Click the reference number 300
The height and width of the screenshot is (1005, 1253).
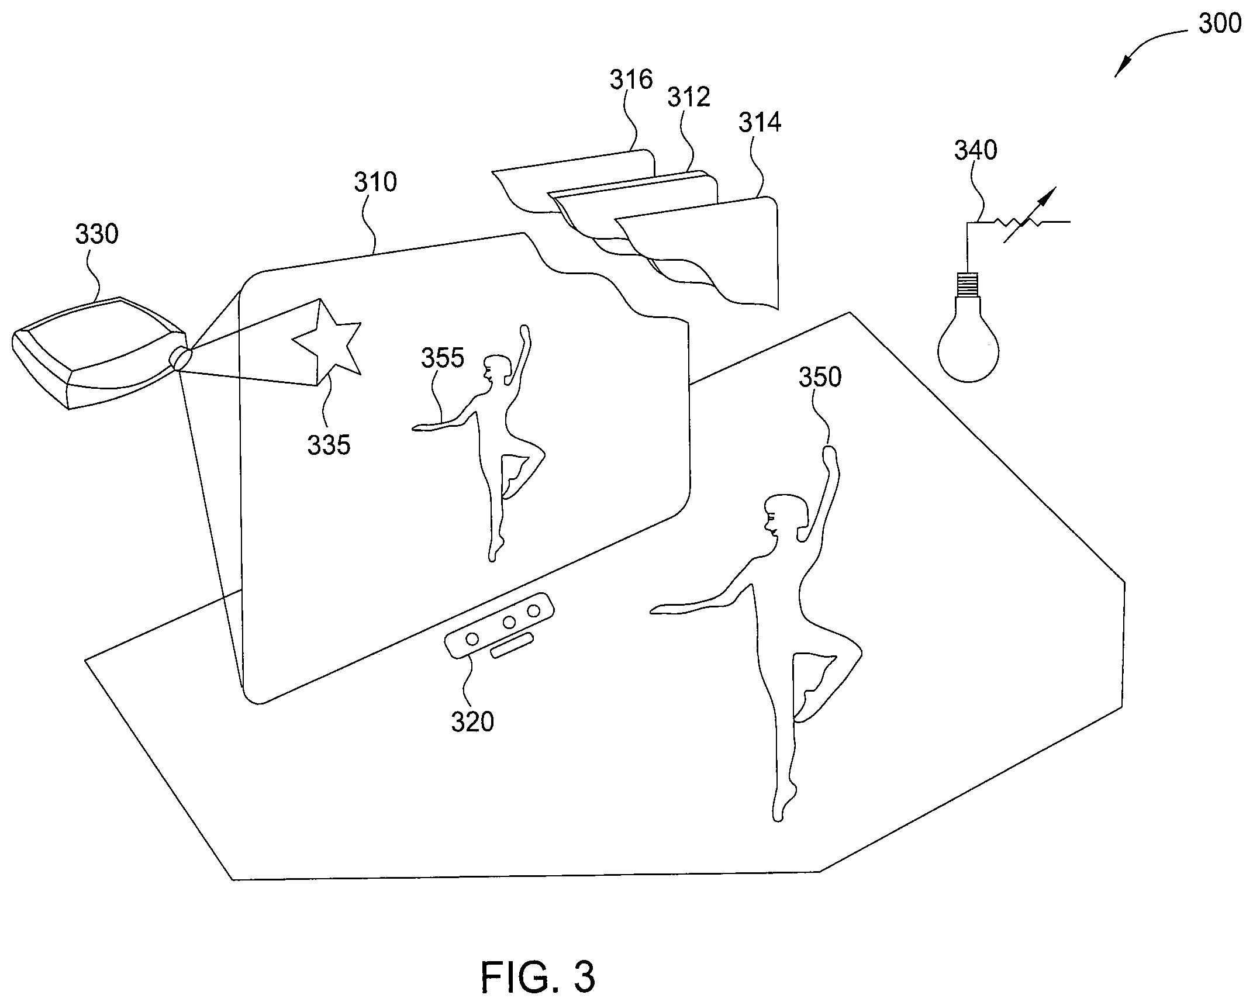(x=1219, y=24)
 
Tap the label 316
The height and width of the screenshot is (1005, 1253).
(x=631, y=80)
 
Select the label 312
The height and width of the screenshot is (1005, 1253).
(x=689, y=97)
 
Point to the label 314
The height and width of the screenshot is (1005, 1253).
(x=760, y=123)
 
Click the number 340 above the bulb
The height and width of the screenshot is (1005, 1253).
(x=976, y=151)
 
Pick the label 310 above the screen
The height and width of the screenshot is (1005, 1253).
(x=375, y=182)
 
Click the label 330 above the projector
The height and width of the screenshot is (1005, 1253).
(x=97, y=234)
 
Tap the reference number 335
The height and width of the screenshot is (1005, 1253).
(x=329, y=445)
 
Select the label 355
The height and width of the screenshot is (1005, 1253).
(x=443, y=358)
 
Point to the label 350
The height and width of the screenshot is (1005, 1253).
(x=820, y=378)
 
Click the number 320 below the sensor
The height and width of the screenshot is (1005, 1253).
(x=472, y=723)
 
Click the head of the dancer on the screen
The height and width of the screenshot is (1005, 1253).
(x=499, y=369)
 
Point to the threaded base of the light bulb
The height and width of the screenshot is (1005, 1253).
(x=969, y=284)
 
